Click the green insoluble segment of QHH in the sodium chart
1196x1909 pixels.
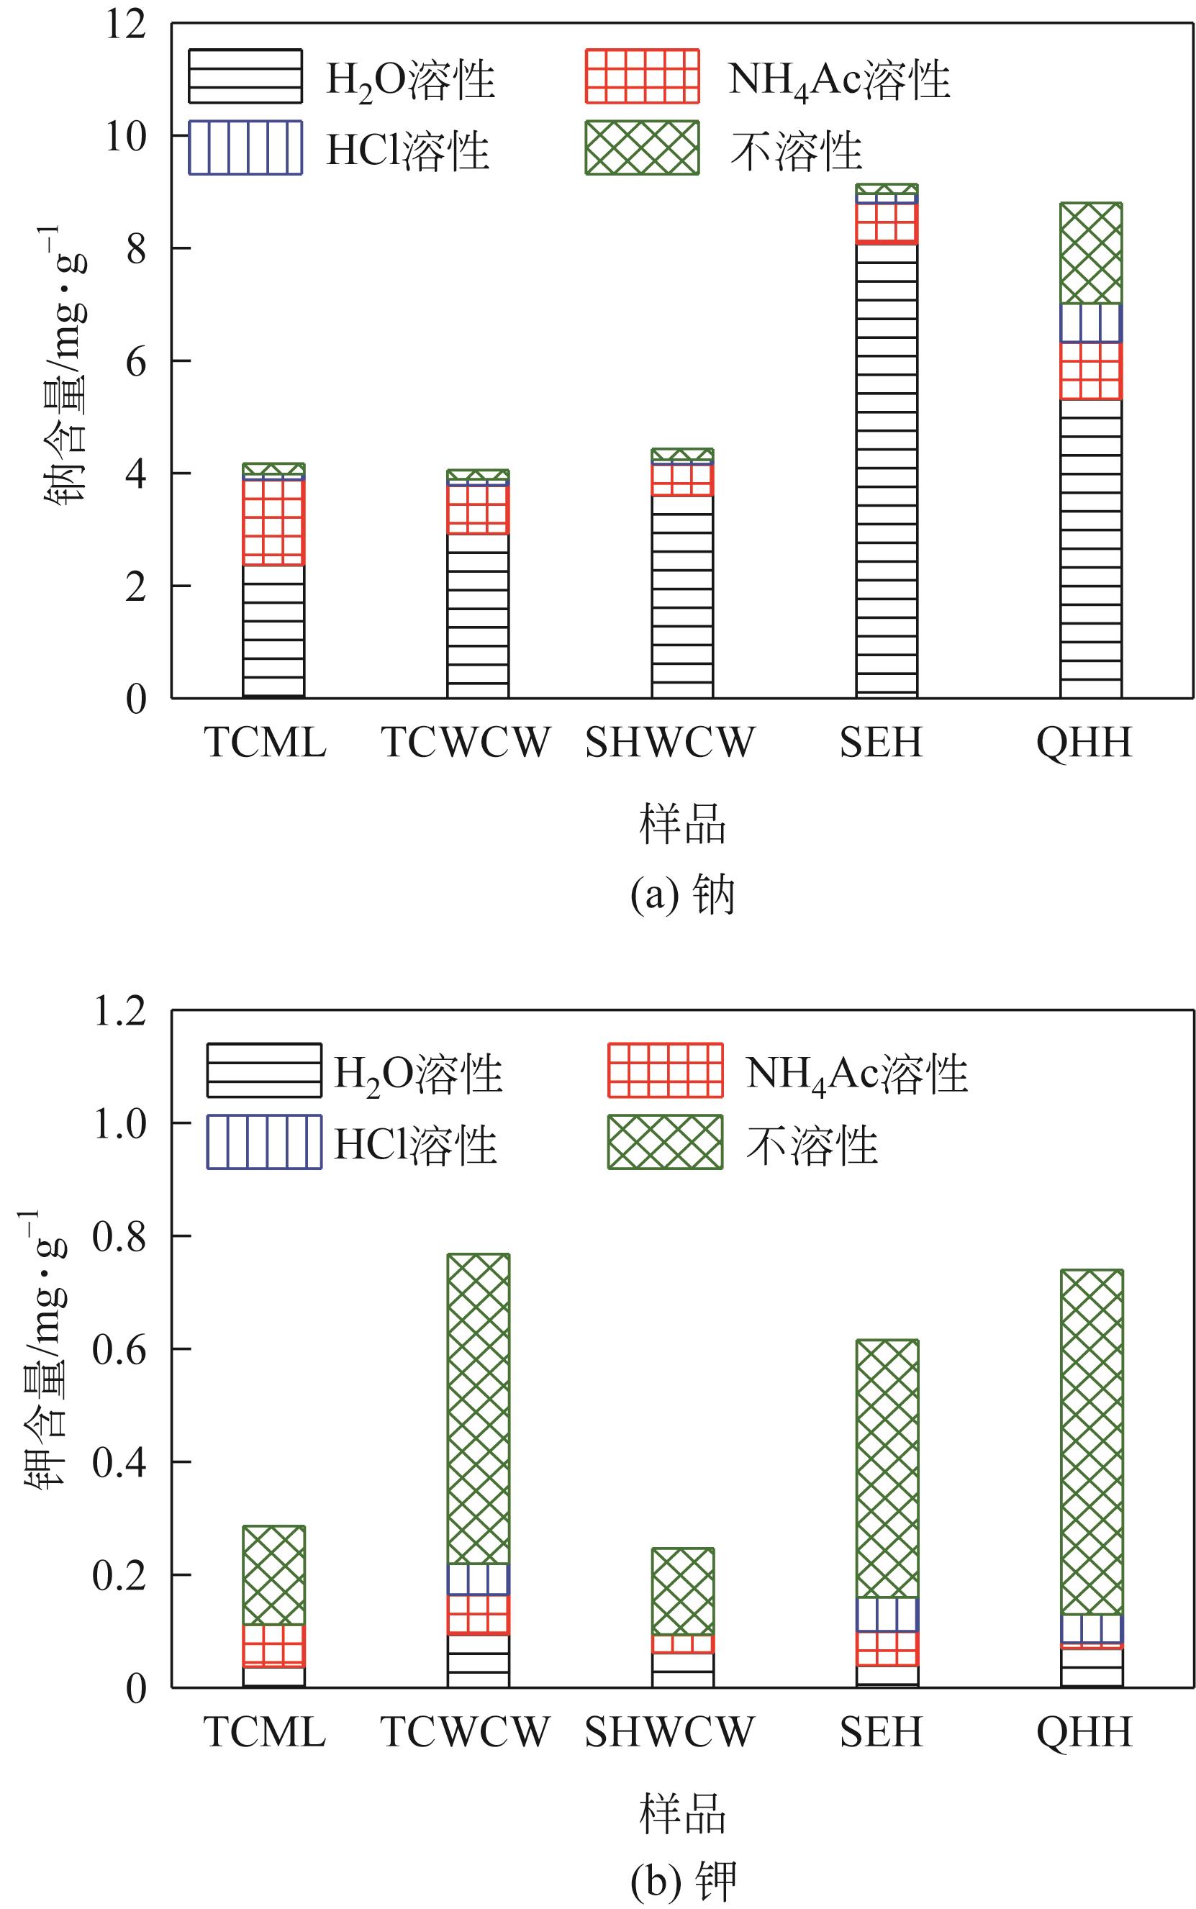point(1091,253)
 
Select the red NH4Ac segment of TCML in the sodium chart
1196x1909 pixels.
point(273,522)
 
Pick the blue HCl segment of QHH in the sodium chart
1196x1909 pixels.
point(1091,322)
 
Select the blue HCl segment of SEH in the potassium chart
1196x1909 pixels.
point(887,1614)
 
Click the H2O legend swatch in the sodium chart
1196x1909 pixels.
point(245,77)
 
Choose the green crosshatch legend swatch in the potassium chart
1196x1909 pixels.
point(664,1142)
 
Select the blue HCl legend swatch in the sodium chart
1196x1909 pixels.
point(245,148)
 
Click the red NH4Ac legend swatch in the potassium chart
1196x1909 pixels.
point(664,1070)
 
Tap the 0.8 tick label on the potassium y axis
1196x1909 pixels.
point(119,1236)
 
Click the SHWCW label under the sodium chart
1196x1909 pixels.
point(669,743)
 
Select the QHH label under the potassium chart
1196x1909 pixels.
point(1084,1732)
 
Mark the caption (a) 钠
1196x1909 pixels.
point(682,896)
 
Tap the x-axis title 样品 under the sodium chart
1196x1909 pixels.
point(682,825)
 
